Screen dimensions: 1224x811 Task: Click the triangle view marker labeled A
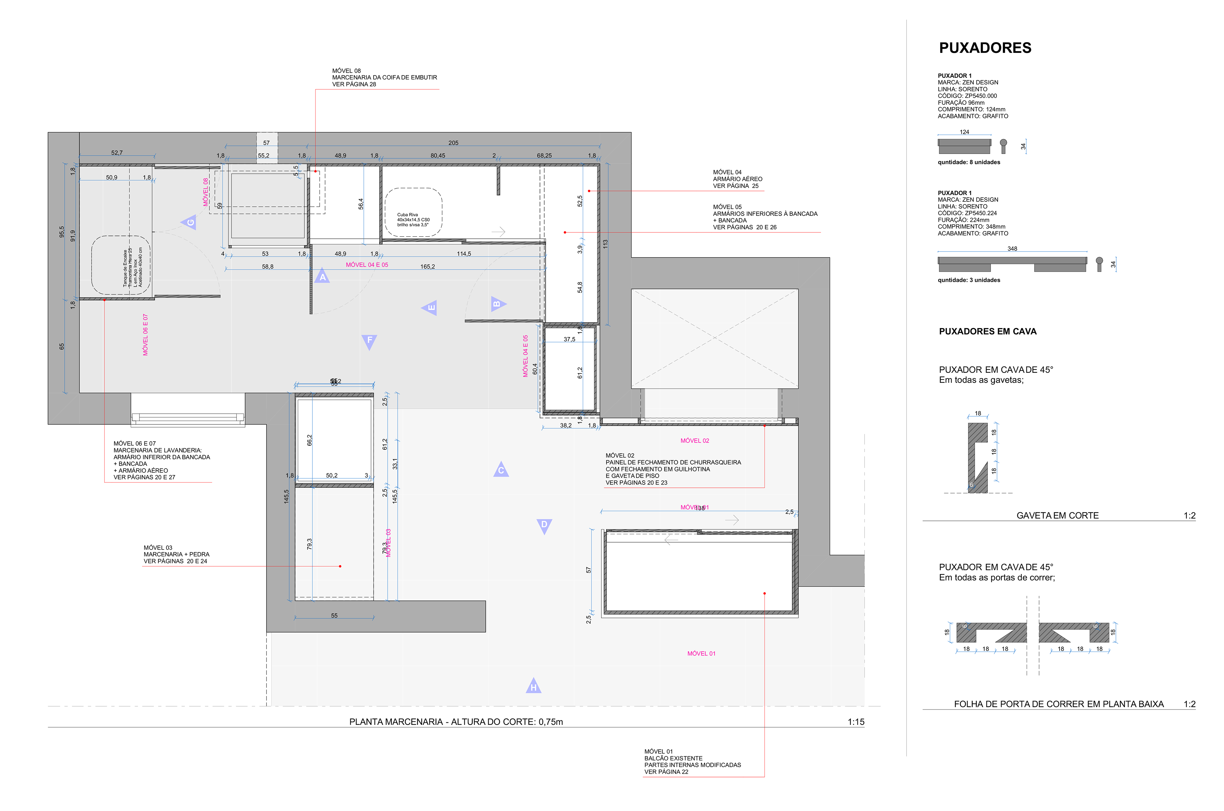point(322,277)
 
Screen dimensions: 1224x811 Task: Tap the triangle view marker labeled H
point(533,686)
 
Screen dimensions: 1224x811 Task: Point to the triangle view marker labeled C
point(500,470)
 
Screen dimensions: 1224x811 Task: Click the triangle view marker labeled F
point(369,340)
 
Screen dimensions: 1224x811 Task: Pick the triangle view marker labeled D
point(544,525)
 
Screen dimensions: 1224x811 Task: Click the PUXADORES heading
point(985,48)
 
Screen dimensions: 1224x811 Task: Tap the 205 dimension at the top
point(453,143)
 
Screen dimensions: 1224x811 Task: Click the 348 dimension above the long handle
point(1012,249)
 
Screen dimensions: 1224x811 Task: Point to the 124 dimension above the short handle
point(964,132)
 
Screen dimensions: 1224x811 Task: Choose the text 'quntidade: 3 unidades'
point(969,280)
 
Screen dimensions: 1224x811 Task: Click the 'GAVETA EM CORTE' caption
point(1057,515)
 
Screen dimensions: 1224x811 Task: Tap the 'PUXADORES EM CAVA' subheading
point(987,332)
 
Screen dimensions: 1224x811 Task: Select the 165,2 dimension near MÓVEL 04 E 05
point(427,267)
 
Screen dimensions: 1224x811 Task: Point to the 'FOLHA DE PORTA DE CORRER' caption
point(1058,704)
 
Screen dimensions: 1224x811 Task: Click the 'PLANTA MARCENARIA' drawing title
point(455,721)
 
